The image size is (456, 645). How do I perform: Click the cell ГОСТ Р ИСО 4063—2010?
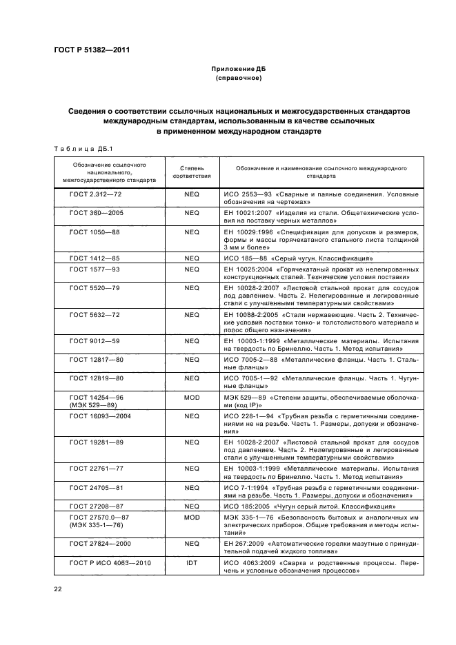110,563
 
